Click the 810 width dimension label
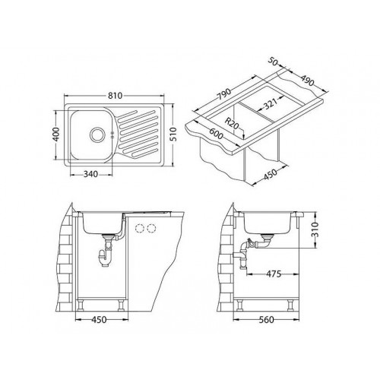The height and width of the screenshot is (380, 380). point(116,96)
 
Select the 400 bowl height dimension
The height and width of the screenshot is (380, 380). point(56,135)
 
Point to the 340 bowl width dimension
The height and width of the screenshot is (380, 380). point(90,174)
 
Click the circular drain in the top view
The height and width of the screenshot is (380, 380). point(97,135)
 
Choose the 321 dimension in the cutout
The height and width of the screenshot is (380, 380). point(270,104)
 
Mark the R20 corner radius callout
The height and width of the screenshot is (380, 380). point(232,124)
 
